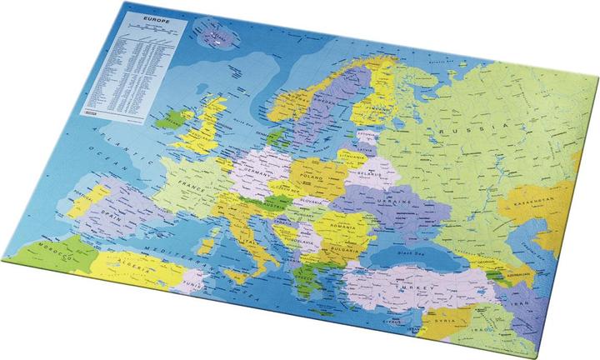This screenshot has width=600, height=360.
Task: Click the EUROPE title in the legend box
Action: point(155,17)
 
